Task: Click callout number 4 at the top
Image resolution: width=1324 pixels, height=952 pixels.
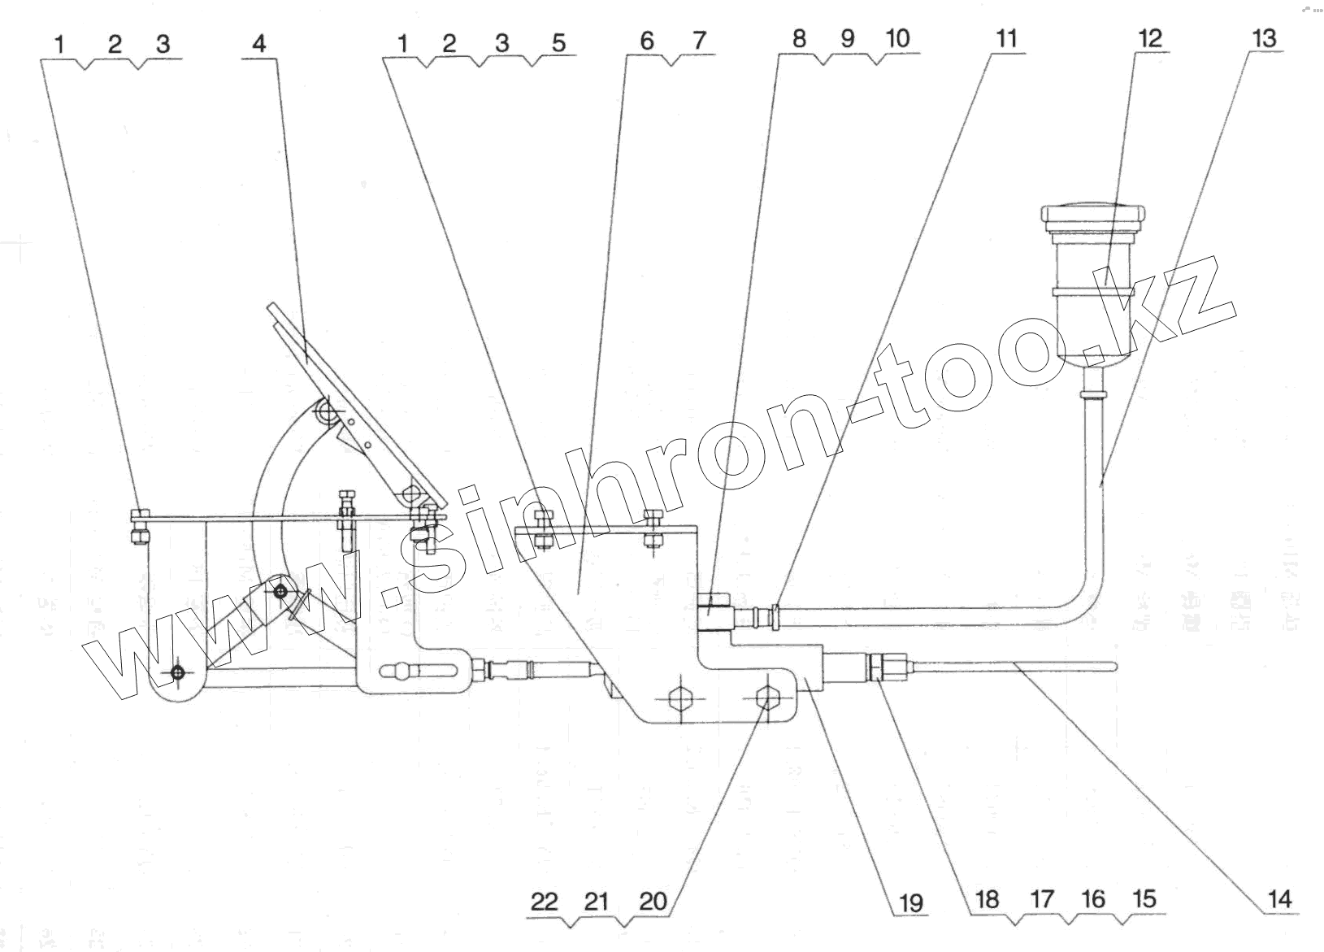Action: click(x=258, y=43)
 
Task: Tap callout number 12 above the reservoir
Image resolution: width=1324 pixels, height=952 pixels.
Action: click(x=1150, y=38)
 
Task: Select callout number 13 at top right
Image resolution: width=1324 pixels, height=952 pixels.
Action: click(x=1264, y=38)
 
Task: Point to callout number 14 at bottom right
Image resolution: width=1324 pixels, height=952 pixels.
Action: click(x=1278, y=898)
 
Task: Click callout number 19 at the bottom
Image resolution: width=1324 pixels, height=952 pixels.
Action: click(x=910, y=902)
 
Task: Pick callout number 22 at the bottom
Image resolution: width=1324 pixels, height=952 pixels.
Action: click(x=545, y=901)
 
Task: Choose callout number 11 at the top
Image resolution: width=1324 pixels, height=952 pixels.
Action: click(x=1006, y=38)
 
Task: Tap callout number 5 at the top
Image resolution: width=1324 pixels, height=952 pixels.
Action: click(x=558, y=42)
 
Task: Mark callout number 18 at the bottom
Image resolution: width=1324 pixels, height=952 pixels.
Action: click(x=987, y=899)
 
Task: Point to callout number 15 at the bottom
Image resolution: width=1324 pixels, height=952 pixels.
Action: click(x=1143, y=899)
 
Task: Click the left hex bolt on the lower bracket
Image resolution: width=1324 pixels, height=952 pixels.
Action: click(x=679, y=698)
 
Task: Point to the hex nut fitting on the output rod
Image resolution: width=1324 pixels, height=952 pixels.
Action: click(x=879, y=668)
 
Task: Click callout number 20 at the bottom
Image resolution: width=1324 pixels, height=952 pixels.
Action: click(x=653, y=901)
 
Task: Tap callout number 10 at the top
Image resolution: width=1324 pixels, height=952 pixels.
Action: click(x=897, y=38)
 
